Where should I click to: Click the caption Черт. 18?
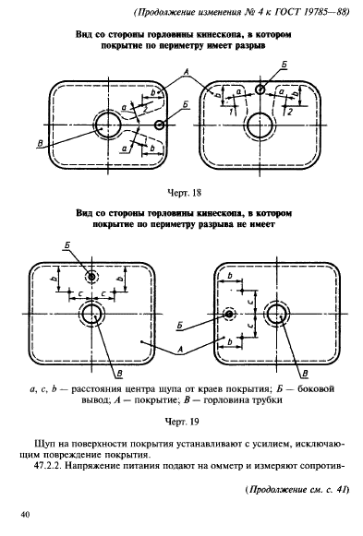184,193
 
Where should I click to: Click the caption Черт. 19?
182,422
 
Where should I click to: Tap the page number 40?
26,515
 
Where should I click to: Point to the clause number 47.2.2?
47,466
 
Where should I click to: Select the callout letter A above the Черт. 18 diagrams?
187,72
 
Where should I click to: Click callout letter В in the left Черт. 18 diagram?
41,144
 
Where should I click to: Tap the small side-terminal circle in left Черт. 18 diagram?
159,125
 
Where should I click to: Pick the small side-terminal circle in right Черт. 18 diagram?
260,89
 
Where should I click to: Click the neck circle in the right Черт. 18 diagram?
260,125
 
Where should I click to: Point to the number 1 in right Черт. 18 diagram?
232,112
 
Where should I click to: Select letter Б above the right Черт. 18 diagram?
284,65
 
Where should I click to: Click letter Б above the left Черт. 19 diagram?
67,245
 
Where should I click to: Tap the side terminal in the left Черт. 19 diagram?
91,277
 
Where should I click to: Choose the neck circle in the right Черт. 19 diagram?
276,314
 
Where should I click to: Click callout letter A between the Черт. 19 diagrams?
180,350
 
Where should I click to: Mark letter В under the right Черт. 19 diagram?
306,374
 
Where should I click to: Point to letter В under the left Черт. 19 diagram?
119,374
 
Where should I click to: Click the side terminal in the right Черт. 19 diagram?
229,314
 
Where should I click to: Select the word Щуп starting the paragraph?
42,444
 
